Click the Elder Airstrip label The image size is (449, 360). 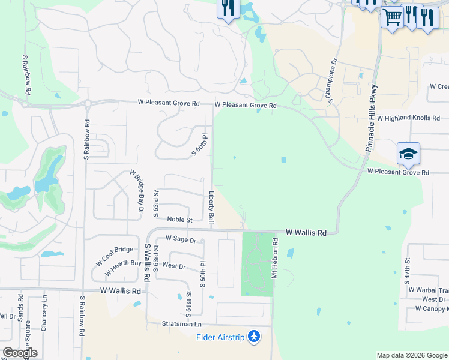coord(220,337)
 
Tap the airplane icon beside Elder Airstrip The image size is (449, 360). coord(255,337)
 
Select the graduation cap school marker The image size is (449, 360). coord(408,154)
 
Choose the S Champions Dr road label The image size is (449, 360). coord(333,80)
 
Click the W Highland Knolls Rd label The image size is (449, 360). coord(414,118)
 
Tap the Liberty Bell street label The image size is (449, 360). coord(211,208)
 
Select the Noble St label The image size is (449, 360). coord(179,220)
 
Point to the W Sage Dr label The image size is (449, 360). coord(181,239)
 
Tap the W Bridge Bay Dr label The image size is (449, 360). coord(137,191)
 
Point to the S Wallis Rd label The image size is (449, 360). coord(146,263)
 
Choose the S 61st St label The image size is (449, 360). coord(188,304)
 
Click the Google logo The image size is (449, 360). coord(20,353)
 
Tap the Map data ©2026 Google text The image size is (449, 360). coord(412,355)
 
